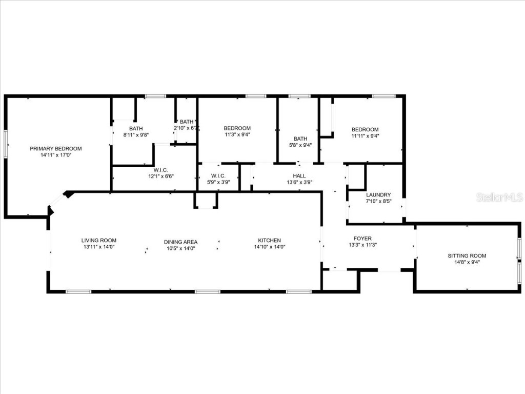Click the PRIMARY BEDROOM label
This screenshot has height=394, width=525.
(x=55, y=149)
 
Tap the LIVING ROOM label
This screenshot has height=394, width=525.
(x=99, y=240)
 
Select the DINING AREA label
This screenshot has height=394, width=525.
(x=180, y=242)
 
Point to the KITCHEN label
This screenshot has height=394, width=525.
(x=269, y=240)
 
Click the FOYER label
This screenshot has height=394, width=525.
(x=362, y=239)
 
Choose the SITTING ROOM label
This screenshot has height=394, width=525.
(x=467, y=255)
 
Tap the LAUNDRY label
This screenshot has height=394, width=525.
(x=378, y=195)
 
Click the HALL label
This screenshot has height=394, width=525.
(x=299, y=176)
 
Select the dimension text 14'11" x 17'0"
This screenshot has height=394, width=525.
(x=55, y=155)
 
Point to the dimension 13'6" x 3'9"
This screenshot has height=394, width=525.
(x=299, y=182)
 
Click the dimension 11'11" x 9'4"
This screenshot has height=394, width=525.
(x=365, y=136)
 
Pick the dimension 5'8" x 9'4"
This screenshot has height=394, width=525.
(x=300, y=145)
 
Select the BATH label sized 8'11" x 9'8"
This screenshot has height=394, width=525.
(x=136, y=129)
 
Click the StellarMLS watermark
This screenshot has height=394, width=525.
(x=499, y=198)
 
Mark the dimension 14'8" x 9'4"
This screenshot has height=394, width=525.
(x=467, y=262)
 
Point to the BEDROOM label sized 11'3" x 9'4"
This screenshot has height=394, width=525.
(x=237, y=128)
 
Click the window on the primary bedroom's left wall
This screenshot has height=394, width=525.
(x=6, y=143)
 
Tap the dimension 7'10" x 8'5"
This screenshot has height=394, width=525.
(x=378, y=201)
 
